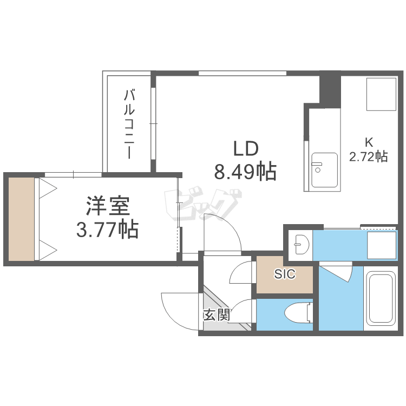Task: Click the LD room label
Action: pyautogui.click(x=246, y=149)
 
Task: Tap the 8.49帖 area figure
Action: pyautogui.click(x=245, y=172)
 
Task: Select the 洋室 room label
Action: pyautogui.click(x=108, y=206)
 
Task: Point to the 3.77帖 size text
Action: pyautogui.click(x=107, y=230)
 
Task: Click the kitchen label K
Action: pyautogui.click(x=369, y=142)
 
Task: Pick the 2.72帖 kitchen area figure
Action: pyautogui.click(x=369, y=156)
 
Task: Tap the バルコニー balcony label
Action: pyautogui.click(x=129, y=124)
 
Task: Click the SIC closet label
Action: pyautogui.click(x=285, y=274)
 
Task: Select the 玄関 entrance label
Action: pyautogui.click(x=217, y=315)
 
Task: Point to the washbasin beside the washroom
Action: pyautogui.click(x=301, y=244)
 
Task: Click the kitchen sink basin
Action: pyautogui.click(x=324, y=170)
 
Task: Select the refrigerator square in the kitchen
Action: pyautogui.click(x=382, y=95)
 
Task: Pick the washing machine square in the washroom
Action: pyautogui.click(x=382, y=245)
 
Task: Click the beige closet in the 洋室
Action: pyautogui.click(x=21, y=219)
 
